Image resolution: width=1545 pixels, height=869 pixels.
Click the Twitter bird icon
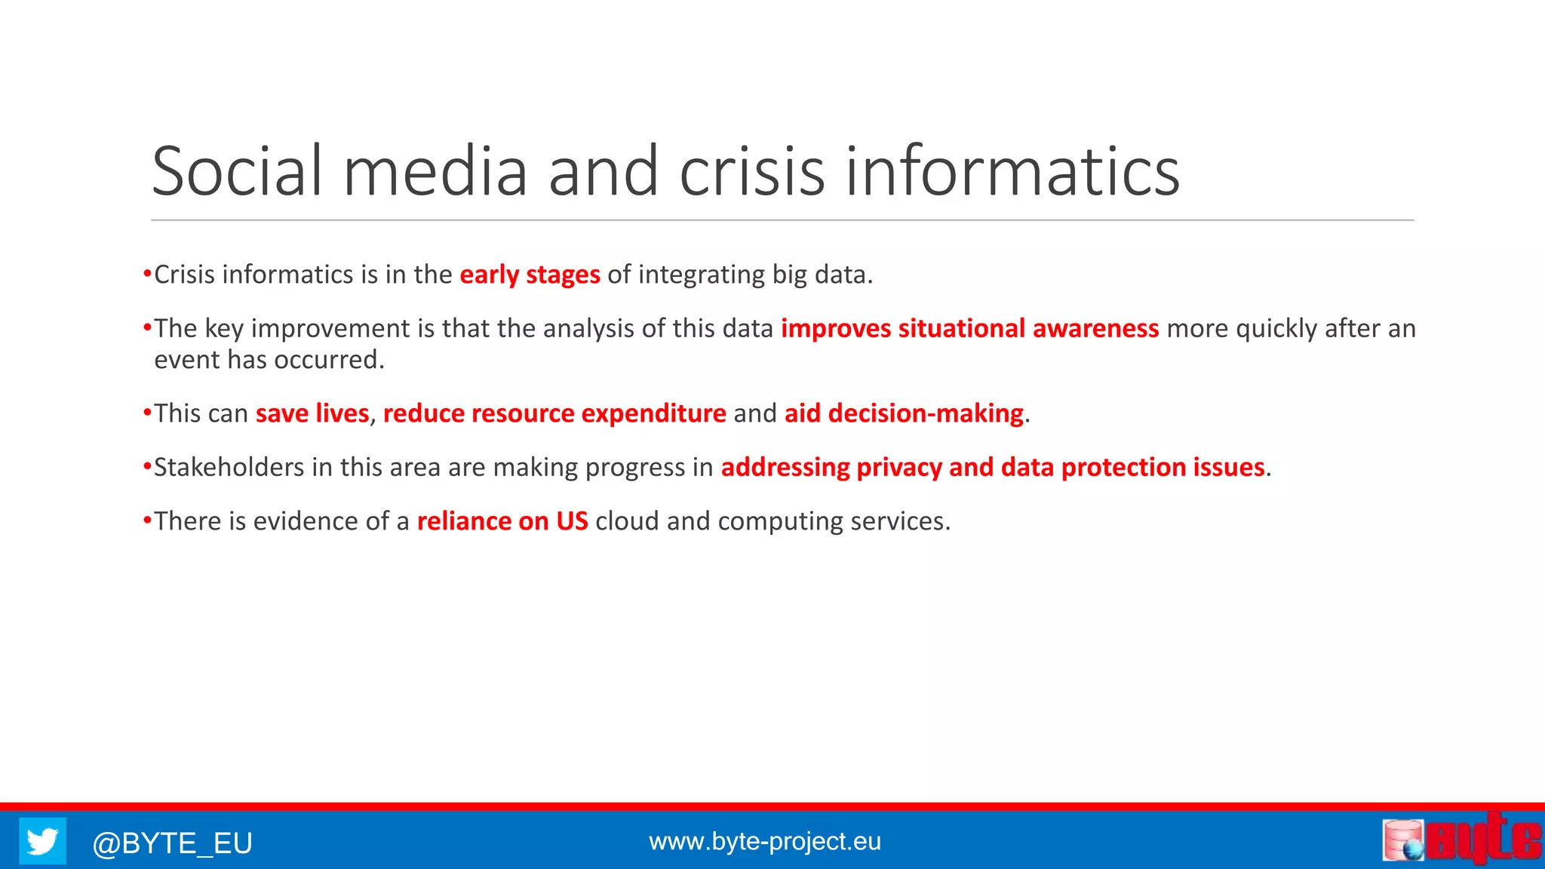(x=42, y=840)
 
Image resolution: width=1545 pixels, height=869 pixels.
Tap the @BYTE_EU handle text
(x=172, y=843)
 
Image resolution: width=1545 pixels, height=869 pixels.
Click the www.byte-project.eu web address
(x=764, y=841)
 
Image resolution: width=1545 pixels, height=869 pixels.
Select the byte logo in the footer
(x=1461, y=839)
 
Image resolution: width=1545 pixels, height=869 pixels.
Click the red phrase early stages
(x=530, y=275)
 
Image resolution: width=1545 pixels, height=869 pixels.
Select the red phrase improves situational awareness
(x=969, y=329)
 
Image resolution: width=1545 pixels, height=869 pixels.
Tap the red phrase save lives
(x=312, y=413)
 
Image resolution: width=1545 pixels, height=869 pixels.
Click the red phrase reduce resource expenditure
(x=554, y=413)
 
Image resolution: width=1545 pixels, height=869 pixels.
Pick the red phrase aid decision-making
(x=904, y=413)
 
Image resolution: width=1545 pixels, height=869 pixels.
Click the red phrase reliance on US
(x=502, y=521)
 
